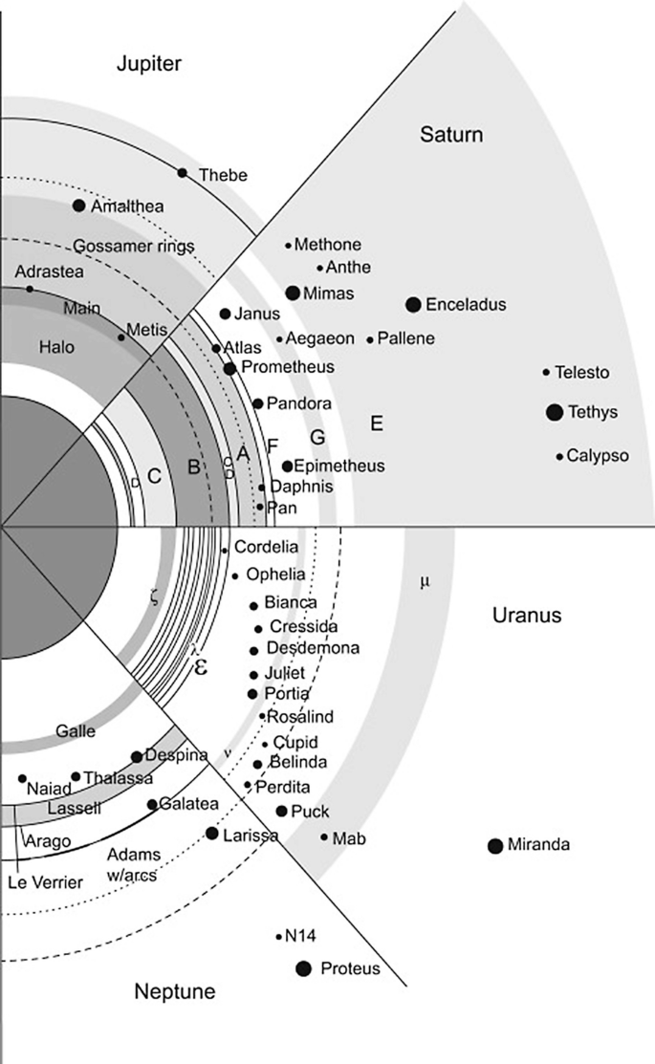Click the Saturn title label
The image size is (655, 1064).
click(451, 135)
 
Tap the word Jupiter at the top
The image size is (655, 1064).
click(148, 64)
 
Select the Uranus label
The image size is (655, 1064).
click(526, 616)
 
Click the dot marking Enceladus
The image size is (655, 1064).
click(413, 304)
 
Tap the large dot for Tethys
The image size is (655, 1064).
click(554, 412)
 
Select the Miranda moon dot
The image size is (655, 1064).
click(495, 845)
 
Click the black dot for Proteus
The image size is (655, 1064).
click(304, 968)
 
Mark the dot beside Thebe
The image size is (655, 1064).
click(183, 172)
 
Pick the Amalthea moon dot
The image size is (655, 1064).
click(79, 206)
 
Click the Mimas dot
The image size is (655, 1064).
click(293, 293)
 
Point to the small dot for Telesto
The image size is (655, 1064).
click(547, 372)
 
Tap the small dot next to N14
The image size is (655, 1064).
click(278, 936)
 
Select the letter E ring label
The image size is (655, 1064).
click(376, 423)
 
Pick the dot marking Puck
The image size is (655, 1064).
click(281, 811)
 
